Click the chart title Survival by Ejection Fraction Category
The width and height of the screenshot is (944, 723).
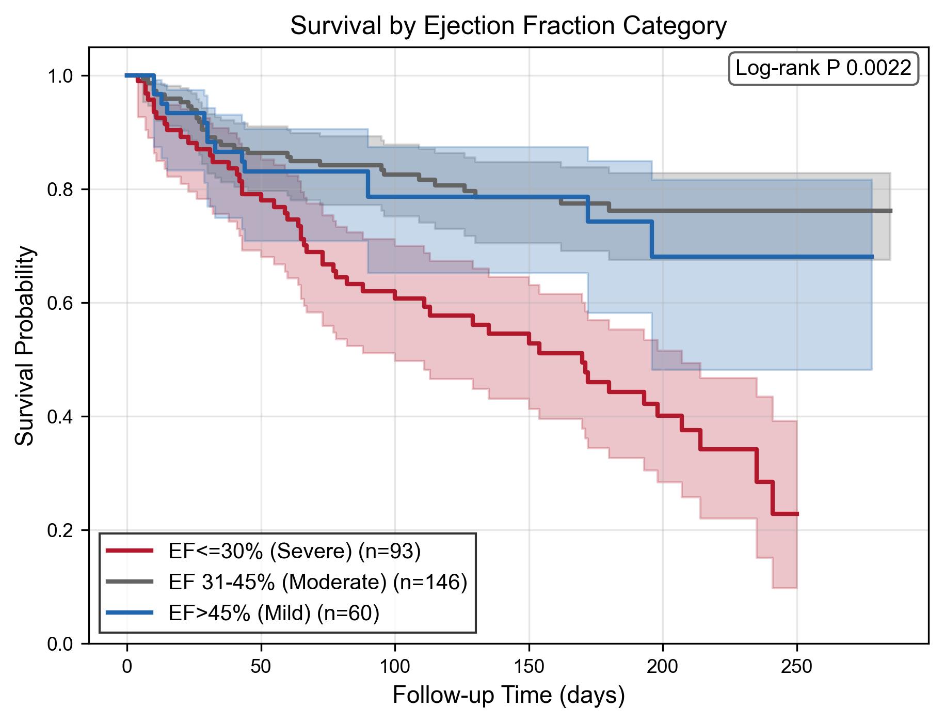tap(508, 26)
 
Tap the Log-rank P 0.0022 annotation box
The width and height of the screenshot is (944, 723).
tap(823, 68)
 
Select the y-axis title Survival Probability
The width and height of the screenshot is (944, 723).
tap(24, 345)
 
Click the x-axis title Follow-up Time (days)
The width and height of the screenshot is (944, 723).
tap(508, 695)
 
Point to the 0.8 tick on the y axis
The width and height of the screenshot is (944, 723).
tap(60, 190)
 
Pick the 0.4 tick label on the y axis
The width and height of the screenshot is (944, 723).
tap(60, 417)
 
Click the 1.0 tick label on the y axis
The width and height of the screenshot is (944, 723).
tap(60, 76)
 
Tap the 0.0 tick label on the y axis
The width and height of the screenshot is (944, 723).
tap(60, 644)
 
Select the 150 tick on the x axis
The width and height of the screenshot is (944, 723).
tap(529, 667)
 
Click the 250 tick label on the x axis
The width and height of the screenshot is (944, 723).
tap(797, 667)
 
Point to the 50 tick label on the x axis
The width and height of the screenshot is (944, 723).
tap(261, 667)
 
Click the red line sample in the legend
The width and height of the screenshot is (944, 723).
tap(130, 551)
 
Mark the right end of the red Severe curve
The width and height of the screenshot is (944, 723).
tap(798, 514)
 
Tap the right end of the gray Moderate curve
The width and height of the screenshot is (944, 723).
tap(891, 211)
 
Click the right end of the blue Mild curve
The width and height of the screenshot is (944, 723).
tap(872, 257)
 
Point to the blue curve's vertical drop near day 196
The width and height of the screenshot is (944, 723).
tap(652, 239)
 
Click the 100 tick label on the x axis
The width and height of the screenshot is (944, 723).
tap(395, 667)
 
